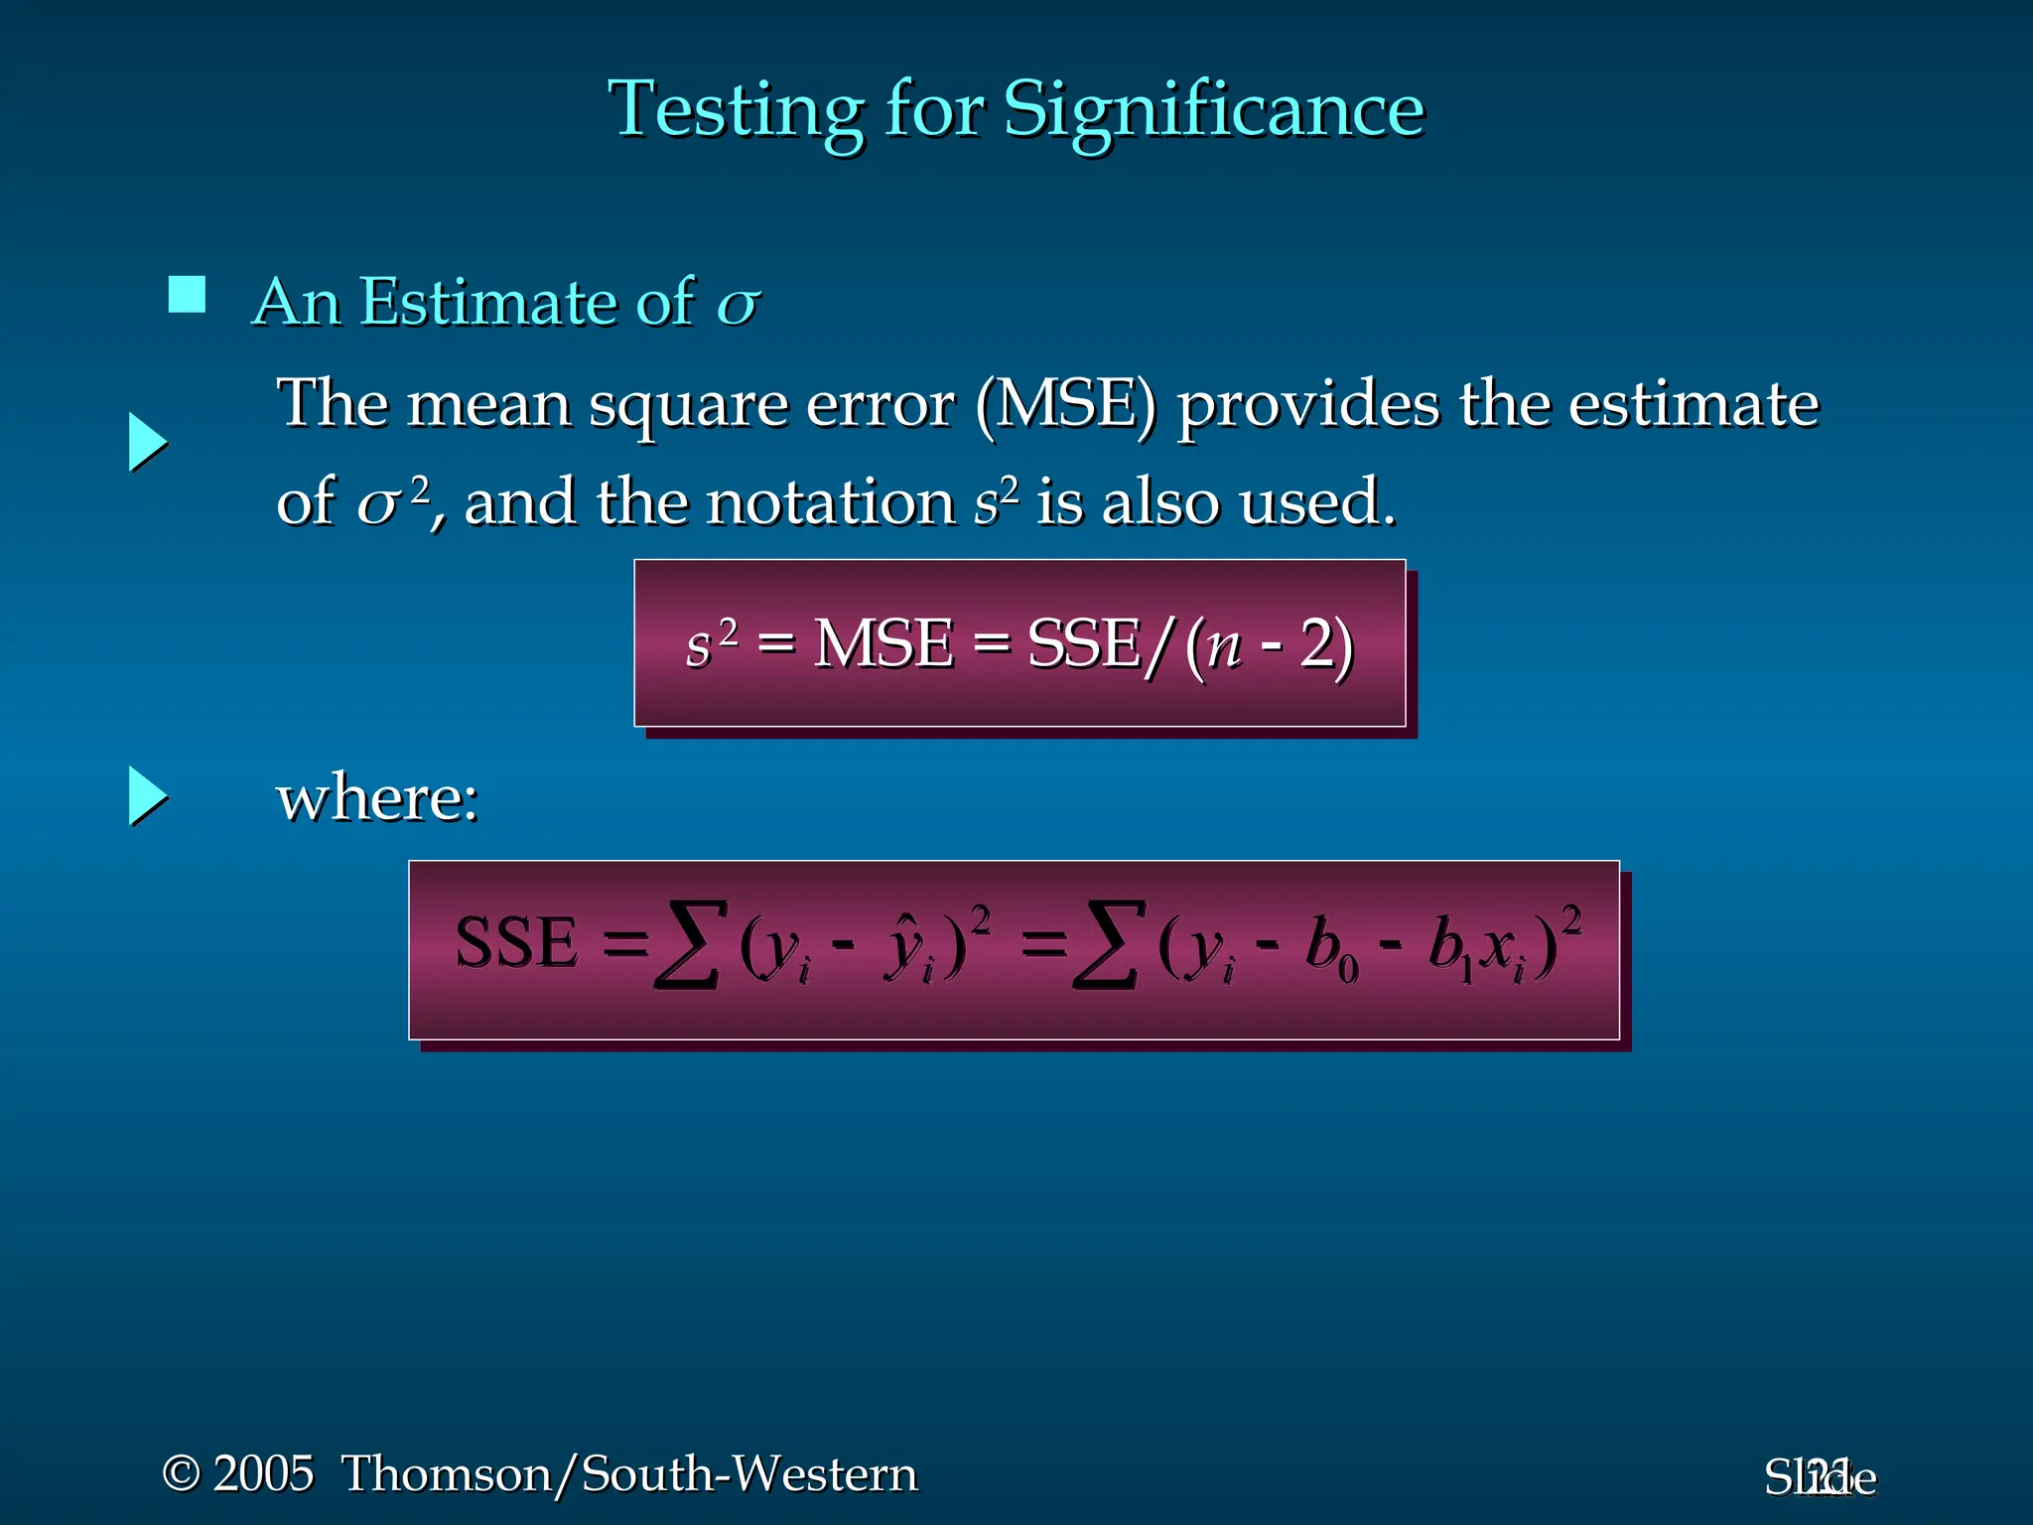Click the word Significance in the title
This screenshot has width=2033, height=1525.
[x=1213, y=109]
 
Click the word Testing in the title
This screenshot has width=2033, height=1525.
[x=736, y=109]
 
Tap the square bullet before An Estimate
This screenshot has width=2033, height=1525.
[x=187, y=295]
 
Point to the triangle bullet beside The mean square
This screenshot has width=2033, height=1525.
[x=148, y=443]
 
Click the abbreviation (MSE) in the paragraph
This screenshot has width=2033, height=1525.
[x=1066, y=405]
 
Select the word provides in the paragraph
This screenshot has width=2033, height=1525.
[x=1307, y=405]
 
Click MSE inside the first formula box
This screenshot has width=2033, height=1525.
[x=882, y=643]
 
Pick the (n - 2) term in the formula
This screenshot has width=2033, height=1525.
[x=1270, y=645]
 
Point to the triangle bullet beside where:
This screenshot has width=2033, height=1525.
[x=148, y=796]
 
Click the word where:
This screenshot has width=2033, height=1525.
[x=377, y=798]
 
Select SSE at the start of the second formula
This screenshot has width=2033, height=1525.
[x=515, y=942]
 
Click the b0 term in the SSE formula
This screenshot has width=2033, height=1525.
[x=1331, y=948]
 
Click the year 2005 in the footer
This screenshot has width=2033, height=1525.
[x=263, y=1473]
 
